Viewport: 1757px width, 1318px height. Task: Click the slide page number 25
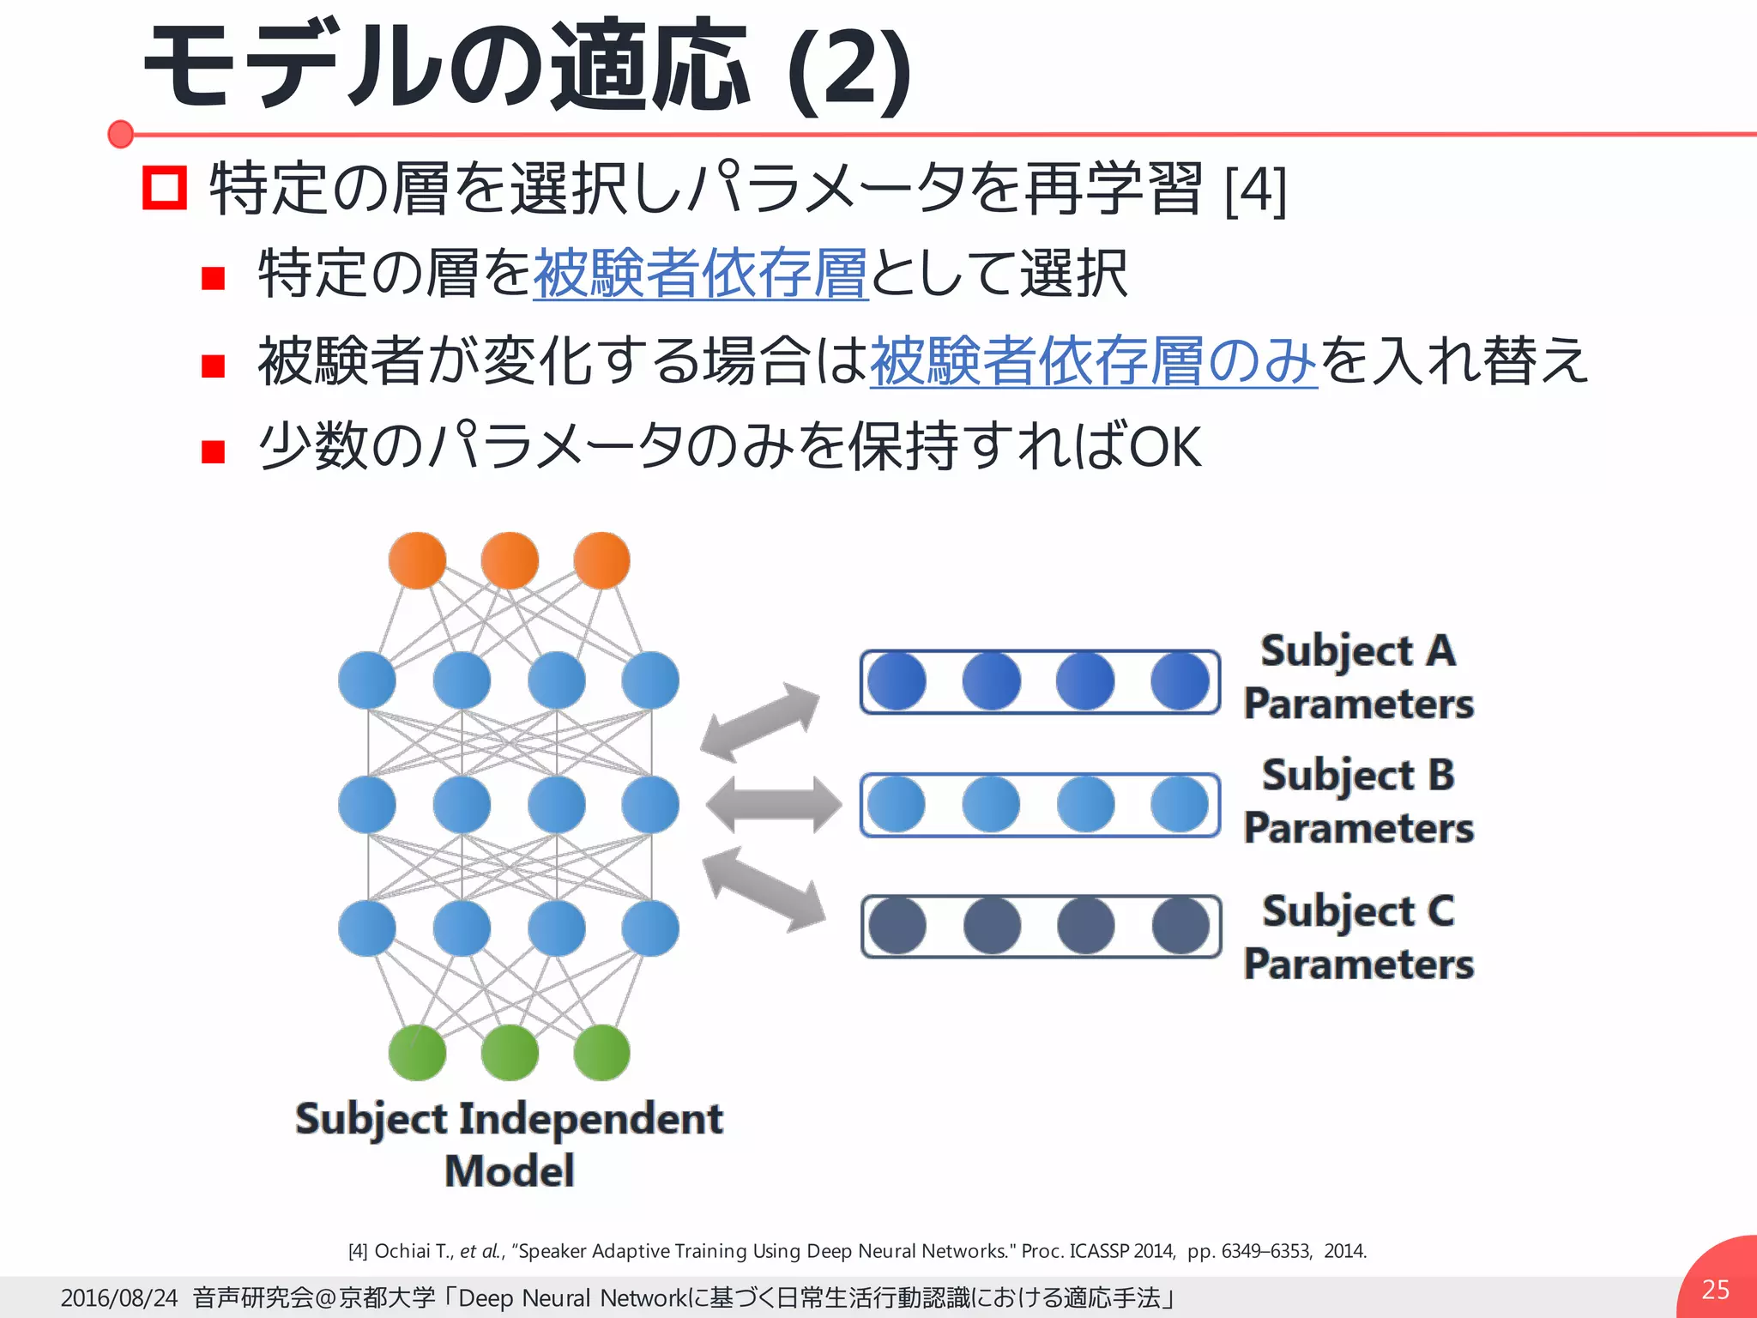pyautogui.click(x=1715, y=1289)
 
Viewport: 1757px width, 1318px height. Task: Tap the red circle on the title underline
pyautogui.click(x=121, y=134)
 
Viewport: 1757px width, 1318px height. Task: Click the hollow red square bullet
pyautogui.click(x=164, y=188)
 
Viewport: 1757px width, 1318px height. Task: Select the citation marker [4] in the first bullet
pyautogui.click(x=1255, y=190)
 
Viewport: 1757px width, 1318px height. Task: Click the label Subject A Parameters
pyautogui.click(x=1358, y=677)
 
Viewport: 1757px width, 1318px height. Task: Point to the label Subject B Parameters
pyautogui.click(x=1358, y=801)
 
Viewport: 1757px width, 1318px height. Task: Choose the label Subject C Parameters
pyautogui.click(x=1358, y=937)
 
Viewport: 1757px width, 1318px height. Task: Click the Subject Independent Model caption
pyautogui.click(x=509, y=1145)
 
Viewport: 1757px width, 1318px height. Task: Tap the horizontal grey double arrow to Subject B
pyautogui.click(x=773, y=805)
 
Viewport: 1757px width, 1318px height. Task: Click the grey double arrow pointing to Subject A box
pyautogui.click(x=760, y=722)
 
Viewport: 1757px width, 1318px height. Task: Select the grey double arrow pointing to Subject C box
pyautogui.click(x=764, y=889)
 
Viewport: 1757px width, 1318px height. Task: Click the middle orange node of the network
pyautogui.click(x=510, y=560)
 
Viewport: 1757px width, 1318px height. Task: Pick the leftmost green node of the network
pyautogui.click(x=417, y=1052)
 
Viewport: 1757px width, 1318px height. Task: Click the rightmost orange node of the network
pyautogui.click(x=601, y=560)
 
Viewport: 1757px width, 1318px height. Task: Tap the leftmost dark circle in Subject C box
pyautogui.click(x=897, y=926)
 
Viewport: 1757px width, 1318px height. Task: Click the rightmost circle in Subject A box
pyautogui.click(x=1180, y=681)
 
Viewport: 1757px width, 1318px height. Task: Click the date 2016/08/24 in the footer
pyautogui.click(x=118, y=1297)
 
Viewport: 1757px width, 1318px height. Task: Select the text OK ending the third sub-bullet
pyautogui.click(x=1166, y=447)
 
